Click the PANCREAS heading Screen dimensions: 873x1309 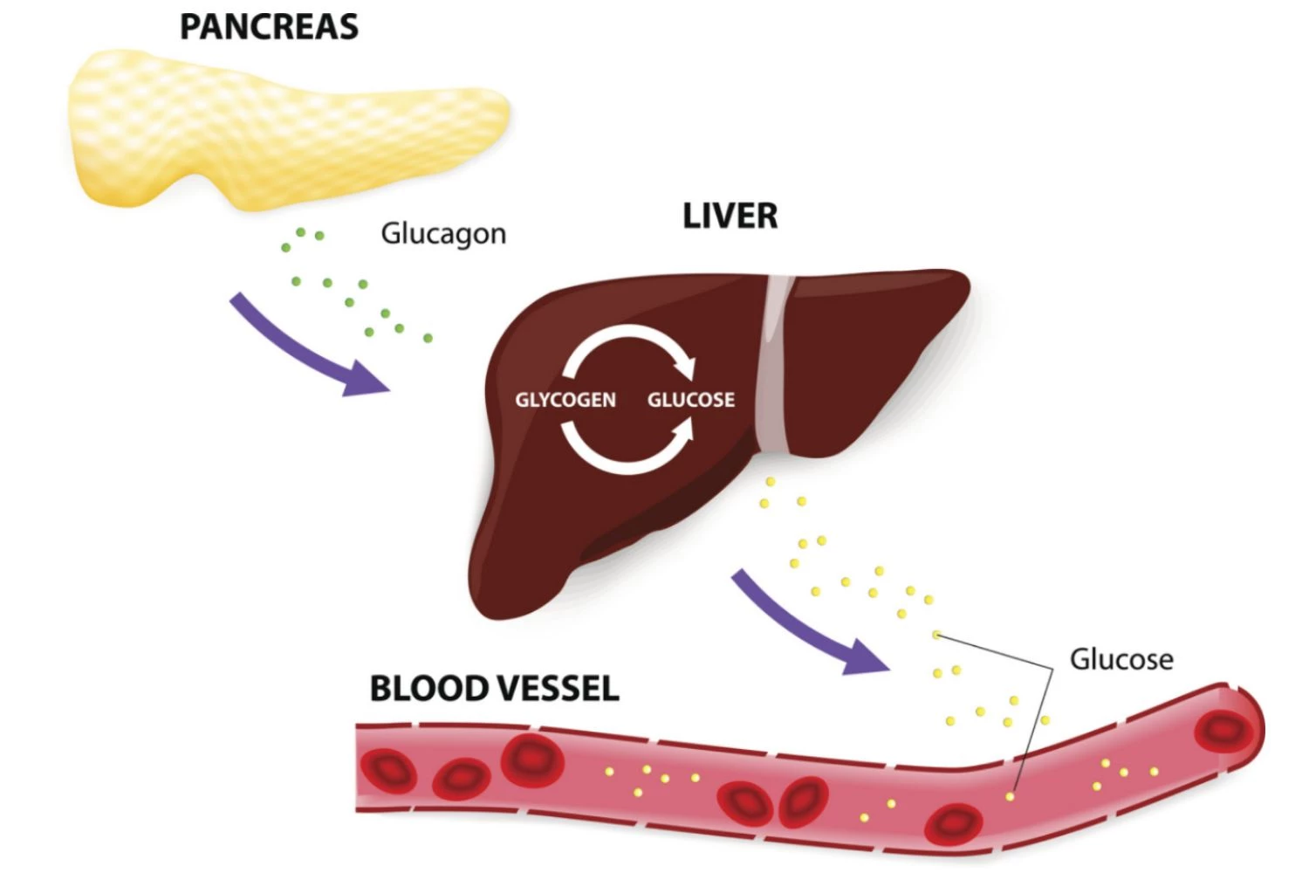(269, 26)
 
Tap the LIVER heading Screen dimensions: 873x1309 (730, 216)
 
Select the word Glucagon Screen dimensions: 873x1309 (443, 234)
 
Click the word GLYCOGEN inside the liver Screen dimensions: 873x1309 (565, 400)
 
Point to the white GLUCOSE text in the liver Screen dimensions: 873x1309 (690, 400)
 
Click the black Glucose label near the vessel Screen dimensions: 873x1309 (1121, 659)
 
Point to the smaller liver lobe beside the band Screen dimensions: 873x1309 (873, 349)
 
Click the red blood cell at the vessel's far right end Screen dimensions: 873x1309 (1223, 729)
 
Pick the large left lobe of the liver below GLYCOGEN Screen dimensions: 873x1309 (559, 524)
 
